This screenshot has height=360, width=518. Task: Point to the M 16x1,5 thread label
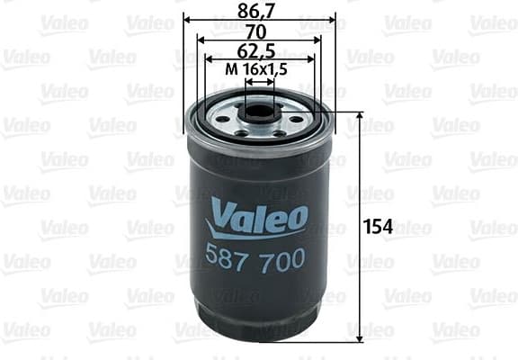click(x=259, y=69)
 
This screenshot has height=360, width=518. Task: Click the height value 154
click(x=379, y=226)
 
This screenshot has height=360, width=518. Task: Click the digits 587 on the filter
click(x=231, y=258)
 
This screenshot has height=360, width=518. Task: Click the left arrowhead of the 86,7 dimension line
click(x=187, y=19)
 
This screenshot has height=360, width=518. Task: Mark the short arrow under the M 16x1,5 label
click(x=259, y=81)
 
